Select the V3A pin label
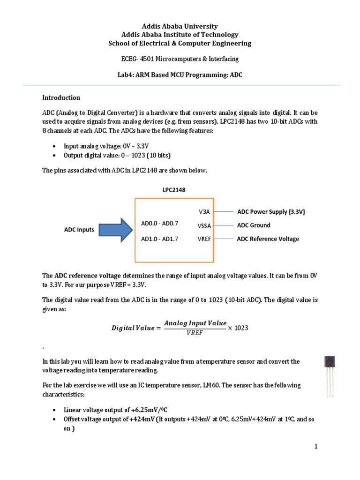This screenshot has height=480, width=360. point(204,212)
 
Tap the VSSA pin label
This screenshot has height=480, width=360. point(204,225)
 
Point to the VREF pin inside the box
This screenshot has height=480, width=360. point(204,239)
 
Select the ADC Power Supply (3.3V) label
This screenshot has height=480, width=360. point(271,212)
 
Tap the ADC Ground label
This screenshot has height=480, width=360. point(254,225)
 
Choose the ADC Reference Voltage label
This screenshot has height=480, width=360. point(268,239)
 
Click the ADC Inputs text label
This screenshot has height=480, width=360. point(79,230)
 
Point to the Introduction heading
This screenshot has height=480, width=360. point(61,98)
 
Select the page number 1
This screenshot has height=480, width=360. point(316,447)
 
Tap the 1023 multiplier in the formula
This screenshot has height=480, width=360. point(240,328)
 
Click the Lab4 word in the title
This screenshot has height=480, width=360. point(126,75)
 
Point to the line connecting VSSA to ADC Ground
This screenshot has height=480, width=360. point(224,225)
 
